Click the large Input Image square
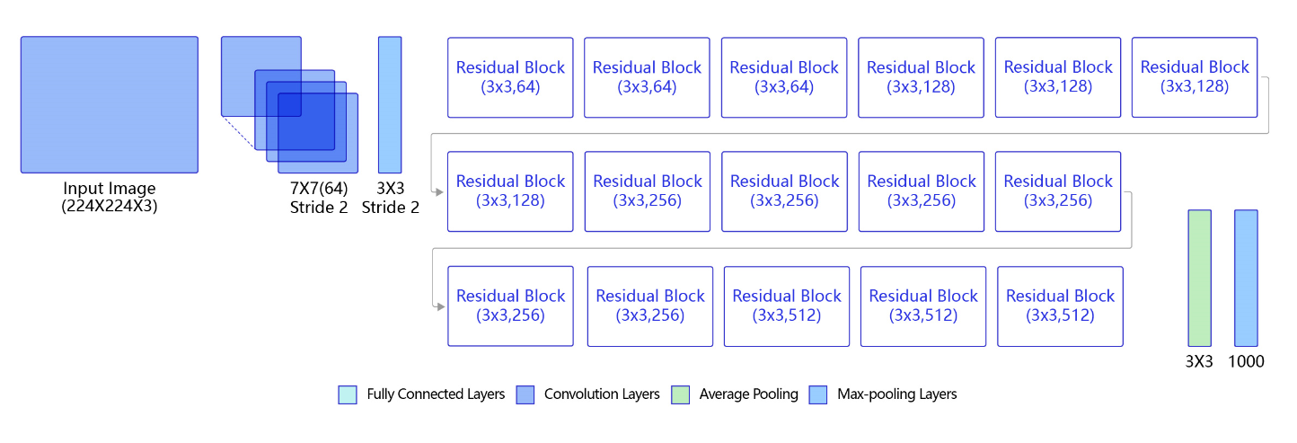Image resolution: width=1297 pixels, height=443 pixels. click(x=110, y=105)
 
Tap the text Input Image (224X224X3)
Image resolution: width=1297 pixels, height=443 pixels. click(x=110, y=197)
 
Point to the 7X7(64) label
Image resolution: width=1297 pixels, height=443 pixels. click(x=319, y=188)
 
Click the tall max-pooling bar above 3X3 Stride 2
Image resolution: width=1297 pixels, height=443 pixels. click(x=390, y=105)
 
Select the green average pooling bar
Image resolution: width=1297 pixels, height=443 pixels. click(x=1200, y=278)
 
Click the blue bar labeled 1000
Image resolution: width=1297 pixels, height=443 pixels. click(x=1246, y=278)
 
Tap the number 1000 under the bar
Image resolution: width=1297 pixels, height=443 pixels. click(x=1246, y=361)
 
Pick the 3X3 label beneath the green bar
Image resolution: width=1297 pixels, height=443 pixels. click(x=1198, y=361)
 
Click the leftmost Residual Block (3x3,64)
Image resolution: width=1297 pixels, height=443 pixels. click(x=510, y=77)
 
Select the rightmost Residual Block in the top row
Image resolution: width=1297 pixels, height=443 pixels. click(x=1195, y=77)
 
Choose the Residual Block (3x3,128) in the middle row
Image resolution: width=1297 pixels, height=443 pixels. click(x=510, y=191)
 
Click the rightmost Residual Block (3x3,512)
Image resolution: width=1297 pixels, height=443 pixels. click(x=1060, y=306)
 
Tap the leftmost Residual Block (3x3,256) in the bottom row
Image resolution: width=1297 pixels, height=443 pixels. click(x=510, y=306)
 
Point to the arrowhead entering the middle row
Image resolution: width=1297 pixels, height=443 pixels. click(x=439, y=191)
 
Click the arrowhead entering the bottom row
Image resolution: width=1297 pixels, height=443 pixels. click(x=440, y=306)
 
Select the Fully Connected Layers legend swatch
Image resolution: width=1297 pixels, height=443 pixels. click(x=348, y=395)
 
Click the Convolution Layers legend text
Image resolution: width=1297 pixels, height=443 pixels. click(x=602, y=394)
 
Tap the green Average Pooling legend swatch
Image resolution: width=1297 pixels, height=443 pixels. click(x=680, y=395)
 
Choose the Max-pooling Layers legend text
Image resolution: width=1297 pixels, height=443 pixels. click(x=897, y=394)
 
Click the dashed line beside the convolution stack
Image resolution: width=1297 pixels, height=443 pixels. click(x=239, y=133)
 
